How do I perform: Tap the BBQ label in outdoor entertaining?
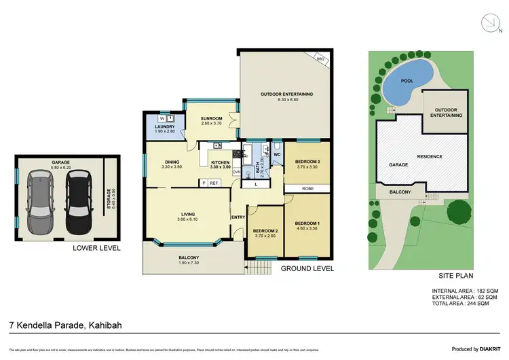coord(322,60)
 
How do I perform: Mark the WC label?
coord(276,155)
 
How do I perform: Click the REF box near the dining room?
coord(213,183)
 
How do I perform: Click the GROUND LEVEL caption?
coord(307,269)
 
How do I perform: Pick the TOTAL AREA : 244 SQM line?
coord(465,304)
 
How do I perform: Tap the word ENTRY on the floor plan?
coord(238,217)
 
